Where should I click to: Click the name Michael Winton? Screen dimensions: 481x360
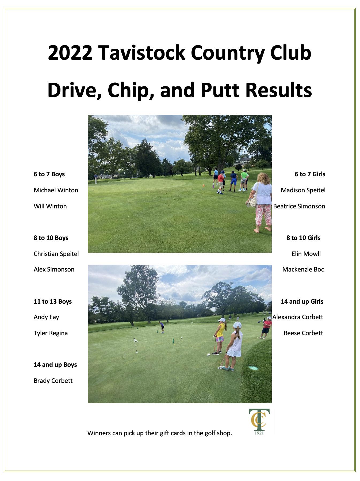point(56,190)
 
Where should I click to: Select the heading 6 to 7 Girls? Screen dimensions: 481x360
point(310,174)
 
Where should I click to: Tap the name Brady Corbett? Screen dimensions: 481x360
point(53,381)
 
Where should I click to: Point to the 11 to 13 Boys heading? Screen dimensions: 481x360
point(53,301)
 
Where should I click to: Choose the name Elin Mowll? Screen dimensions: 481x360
point(306,254)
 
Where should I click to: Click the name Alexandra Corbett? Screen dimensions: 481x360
point(298,317)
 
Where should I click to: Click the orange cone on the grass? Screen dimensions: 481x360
point(204,185)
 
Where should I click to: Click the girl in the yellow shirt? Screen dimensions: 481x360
point(220,336)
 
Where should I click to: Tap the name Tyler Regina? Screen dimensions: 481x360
point(51,333)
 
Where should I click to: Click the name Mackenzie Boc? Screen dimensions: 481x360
point(303,269)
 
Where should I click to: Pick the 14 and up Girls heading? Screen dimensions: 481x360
point(302,301)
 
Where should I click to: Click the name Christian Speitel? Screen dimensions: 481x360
point(56,254)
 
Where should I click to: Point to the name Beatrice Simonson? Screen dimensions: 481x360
point(299,206)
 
